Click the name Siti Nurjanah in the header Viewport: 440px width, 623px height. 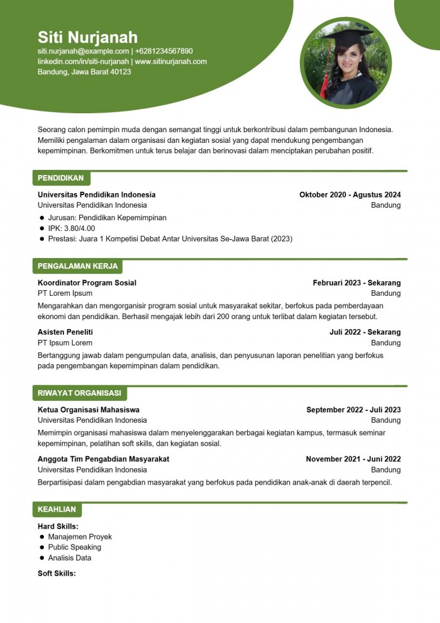coord(87,36)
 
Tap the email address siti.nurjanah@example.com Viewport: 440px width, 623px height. coord(83,51)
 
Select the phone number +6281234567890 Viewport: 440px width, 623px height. coord(164,51)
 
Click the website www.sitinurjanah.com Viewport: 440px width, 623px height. coord(171,62)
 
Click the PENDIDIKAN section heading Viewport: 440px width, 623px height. coord(60,178)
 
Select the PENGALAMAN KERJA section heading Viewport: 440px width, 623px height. coord(77,266)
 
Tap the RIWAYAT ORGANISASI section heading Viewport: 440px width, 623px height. coord(79,393)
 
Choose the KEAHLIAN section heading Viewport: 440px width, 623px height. coord(57,509)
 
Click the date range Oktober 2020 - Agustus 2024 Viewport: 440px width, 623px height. coord(349,194)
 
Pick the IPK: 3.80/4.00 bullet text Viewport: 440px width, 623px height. coord(72,228)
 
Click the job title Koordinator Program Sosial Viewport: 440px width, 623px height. coord(87,283)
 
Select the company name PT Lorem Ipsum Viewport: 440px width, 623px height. coord(65,293)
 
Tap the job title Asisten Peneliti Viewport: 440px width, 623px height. coord(65,332)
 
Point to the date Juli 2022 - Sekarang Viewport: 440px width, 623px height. coord(365,332)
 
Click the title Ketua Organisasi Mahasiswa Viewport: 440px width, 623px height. coord(89,410)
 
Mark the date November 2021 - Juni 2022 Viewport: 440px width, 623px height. coord(353,459)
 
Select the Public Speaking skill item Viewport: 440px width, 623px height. coord(74,547)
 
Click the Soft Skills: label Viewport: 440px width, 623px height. coord(57,573)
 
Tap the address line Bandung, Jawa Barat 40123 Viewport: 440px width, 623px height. coord(84,72)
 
